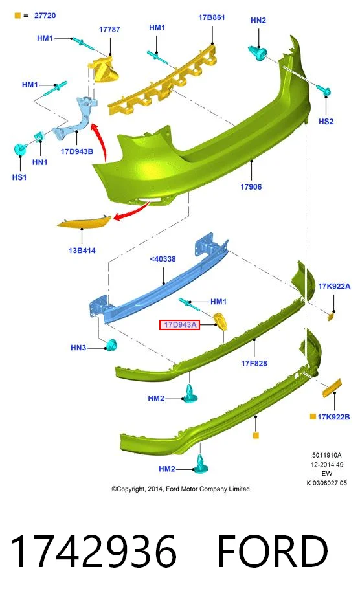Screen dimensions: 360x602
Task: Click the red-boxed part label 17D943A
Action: (180, 325)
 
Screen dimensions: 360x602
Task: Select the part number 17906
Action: (251, 187)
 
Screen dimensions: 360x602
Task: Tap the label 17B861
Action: (212, 17)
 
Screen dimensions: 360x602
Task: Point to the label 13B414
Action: (82, 251)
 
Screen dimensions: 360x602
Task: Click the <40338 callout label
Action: (163, 259)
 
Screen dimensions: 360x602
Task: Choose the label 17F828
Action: (254, 363)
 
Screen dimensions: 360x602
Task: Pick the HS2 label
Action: (326, 121)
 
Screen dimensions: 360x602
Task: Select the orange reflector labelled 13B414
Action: (84, 222)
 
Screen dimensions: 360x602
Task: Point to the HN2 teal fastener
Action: (258, 53)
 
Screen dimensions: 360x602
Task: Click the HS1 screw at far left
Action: (20, 150)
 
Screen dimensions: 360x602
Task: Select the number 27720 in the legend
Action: (45, 16)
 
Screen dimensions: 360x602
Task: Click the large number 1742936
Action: (93, 552)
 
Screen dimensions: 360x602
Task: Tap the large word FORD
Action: (273, 552)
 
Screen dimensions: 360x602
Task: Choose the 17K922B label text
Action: (333, 417)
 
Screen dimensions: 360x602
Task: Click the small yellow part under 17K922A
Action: (331, 317)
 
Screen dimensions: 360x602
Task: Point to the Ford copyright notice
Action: (181, 489)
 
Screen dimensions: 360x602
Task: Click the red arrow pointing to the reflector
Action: (133, 212)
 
